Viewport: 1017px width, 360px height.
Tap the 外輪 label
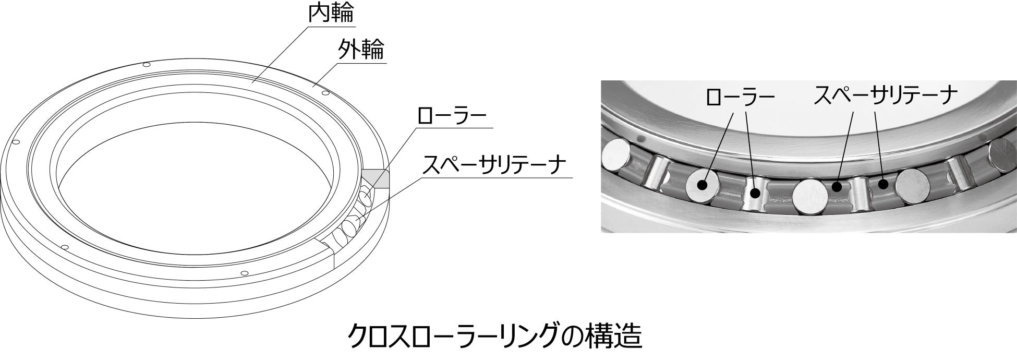tap(361, 50)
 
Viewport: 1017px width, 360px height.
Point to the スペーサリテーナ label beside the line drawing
tap(493, 165)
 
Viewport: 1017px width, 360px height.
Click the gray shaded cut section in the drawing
tap(377, 178)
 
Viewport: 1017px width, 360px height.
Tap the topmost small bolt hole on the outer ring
tap(147, 65)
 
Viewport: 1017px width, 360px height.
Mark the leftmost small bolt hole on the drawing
tap(15, 142)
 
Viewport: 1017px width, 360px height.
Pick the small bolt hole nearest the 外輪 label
tap(325, 93)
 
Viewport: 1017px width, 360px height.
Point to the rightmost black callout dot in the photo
tap(882, 184)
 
